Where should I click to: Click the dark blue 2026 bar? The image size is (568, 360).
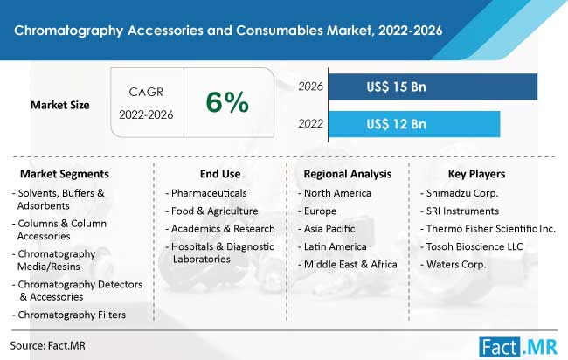tap(433, 87)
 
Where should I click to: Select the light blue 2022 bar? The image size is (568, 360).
tap(414, 124)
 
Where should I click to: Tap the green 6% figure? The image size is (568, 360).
tap(227, 102)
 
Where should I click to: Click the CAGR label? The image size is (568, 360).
tap(146, 92)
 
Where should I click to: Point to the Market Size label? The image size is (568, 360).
tap(59, 105)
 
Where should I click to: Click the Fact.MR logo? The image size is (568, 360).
tap(518, 347)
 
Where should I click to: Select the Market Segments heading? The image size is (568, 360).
tap(65, 174)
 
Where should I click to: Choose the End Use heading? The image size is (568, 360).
tap(220, 174)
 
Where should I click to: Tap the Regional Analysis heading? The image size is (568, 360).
tap(348, 174)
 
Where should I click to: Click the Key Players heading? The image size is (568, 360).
tap(477, 174)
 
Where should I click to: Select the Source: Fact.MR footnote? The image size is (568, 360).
tap(48, 345)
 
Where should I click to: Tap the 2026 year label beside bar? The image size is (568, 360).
tap(310, 87)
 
